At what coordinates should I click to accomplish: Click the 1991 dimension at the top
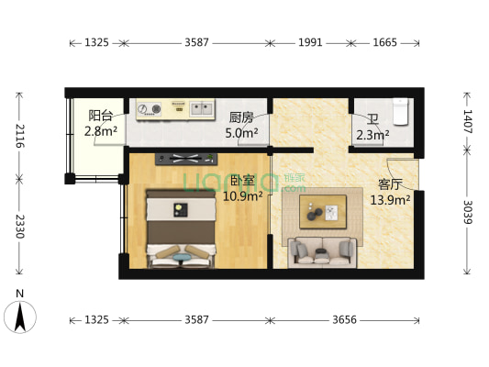pyautogui.click(x=310, y=42)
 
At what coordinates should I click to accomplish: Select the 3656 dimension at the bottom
pyautogui.click(x=346, y=320)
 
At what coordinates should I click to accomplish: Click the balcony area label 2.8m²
pyautogui.click(x=101, y=131)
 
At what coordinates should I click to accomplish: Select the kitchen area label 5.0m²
pyautogui.click(x=242, y=132)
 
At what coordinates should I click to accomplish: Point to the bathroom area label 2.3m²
pyautogui.click(x=372, y=136)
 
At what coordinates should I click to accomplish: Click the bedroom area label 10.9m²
pyautogui.click(x=244, y=195)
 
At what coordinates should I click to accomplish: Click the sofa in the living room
pyautogui.click(x=322, y=250)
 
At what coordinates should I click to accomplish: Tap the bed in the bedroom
pyautogui.click(x=179, y=229)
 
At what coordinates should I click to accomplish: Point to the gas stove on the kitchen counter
pyautogui.click(x=150, y=111)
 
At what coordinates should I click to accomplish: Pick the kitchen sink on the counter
pyautogui.click(x=197, y=109)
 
